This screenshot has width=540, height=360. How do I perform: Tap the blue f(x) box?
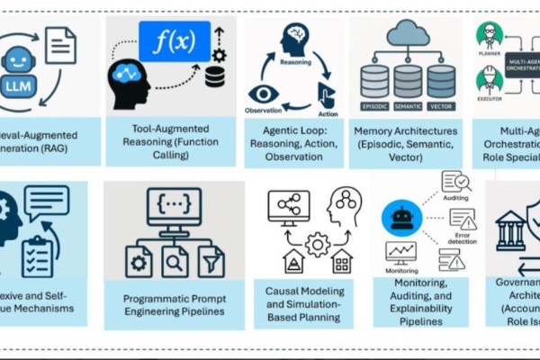coord(174,42)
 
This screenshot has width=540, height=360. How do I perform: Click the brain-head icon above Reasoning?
coord(293,40)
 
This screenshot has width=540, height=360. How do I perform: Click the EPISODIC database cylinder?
coord(373,81)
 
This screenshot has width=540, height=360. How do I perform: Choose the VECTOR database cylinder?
coord(441,81)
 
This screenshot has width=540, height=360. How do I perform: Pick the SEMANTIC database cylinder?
coord(408,81)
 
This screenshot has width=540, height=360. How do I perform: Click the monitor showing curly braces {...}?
coord(173,210)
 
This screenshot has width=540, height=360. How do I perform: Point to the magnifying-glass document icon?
coord(173,260)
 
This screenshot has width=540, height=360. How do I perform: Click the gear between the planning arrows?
coord(317,244)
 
